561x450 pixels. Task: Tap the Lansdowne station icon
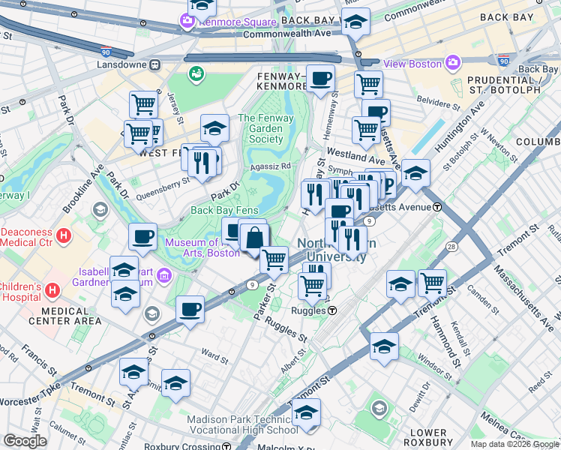[x=155, y=64]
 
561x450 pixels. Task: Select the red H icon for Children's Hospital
[x=52, y=289]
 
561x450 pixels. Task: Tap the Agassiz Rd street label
[x=271, y=166]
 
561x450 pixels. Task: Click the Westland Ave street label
[x=355, y=158]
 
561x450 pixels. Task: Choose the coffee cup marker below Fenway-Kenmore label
[x=321, y=78]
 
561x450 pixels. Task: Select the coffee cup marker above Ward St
[x=190, y=307]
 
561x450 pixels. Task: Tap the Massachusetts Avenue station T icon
[x=436, y=206]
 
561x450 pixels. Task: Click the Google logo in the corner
[x=25, y=441]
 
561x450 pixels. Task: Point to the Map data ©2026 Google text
[x=514, y=444]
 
